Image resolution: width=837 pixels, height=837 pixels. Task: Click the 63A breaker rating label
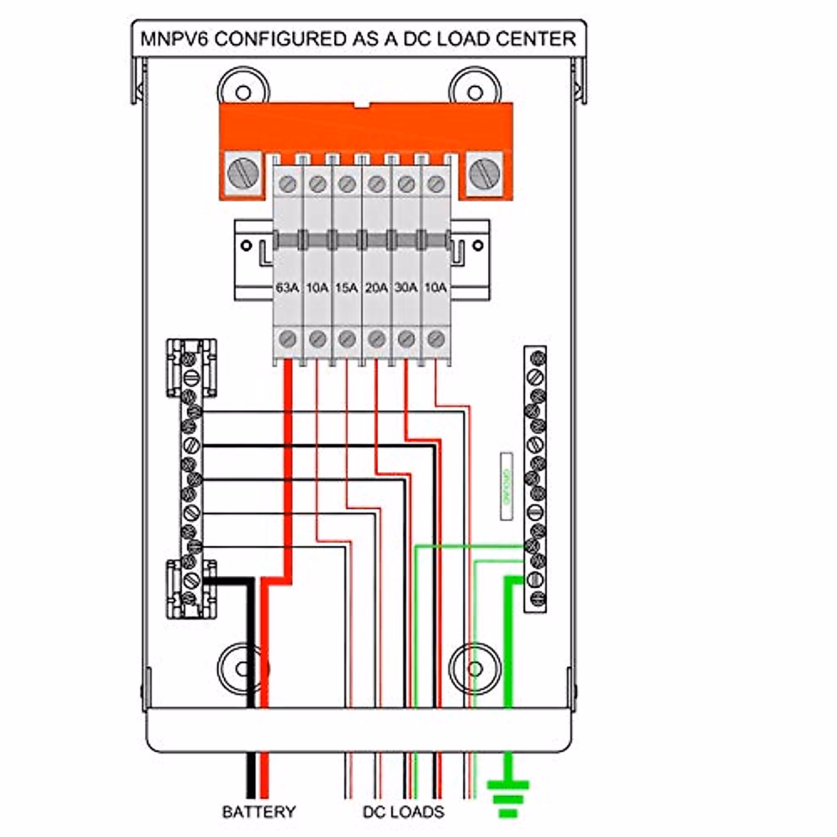point(287,287)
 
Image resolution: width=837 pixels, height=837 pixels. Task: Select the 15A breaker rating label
point(346,287)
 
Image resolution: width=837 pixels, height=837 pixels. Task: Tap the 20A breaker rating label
point(376,287)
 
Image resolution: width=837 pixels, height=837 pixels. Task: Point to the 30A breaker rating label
point(406,287)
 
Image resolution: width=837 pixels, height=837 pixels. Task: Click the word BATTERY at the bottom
point(259,812)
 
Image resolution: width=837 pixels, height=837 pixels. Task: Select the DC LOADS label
point(403,812)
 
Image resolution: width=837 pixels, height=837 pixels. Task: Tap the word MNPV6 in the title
point(174,38)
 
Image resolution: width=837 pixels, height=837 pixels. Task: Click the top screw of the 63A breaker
point(287,184)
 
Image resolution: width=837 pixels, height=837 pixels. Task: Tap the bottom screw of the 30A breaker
point(406,339)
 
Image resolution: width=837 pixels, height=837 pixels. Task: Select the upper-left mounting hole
point(243,93)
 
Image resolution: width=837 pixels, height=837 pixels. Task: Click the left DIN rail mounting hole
point(246,246)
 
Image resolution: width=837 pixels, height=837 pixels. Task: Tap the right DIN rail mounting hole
point(478,246)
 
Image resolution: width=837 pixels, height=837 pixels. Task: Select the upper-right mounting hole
point(475,93)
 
